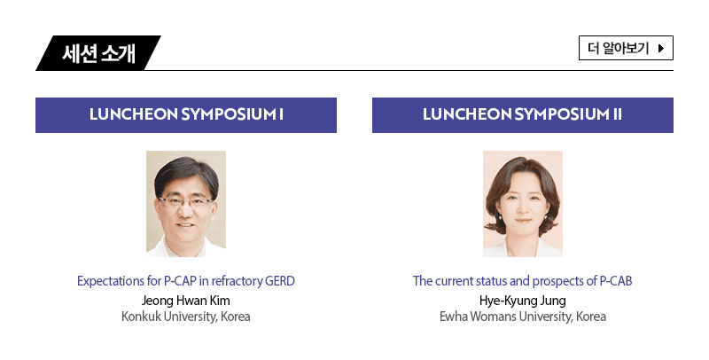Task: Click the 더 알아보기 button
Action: pos(626,48)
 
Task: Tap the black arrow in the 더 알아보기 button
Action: pos(661,48)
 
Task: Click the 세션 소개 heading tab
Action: pos(98,53)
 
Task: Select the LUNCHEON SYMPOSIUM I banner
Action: pos(186,115)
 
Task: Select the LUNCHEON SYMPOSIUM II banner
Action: pos(523,115)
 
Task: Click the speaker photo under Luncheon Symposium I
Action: pos(186,204)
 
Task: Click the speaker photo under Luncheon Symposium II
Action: pos(523,204)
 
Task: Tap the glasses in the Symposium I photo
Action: pos(185,201)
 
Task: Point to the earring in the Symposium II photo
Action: pos(546,217)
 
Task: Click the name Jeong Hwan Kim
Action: pos(186,301)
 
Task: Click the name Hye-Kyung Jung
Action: pos(523,301)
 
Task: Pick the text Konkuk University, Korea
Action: pos(186,317)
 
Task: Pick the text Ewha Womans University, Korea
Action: pos(523,317)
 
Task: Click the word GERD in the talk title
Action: pos(280,281)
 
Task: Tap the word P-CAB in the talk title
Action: pos(616,281)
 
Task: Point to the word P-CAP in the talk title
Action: pos(180,281)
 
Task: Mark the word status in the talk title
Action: pos(494,281)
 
